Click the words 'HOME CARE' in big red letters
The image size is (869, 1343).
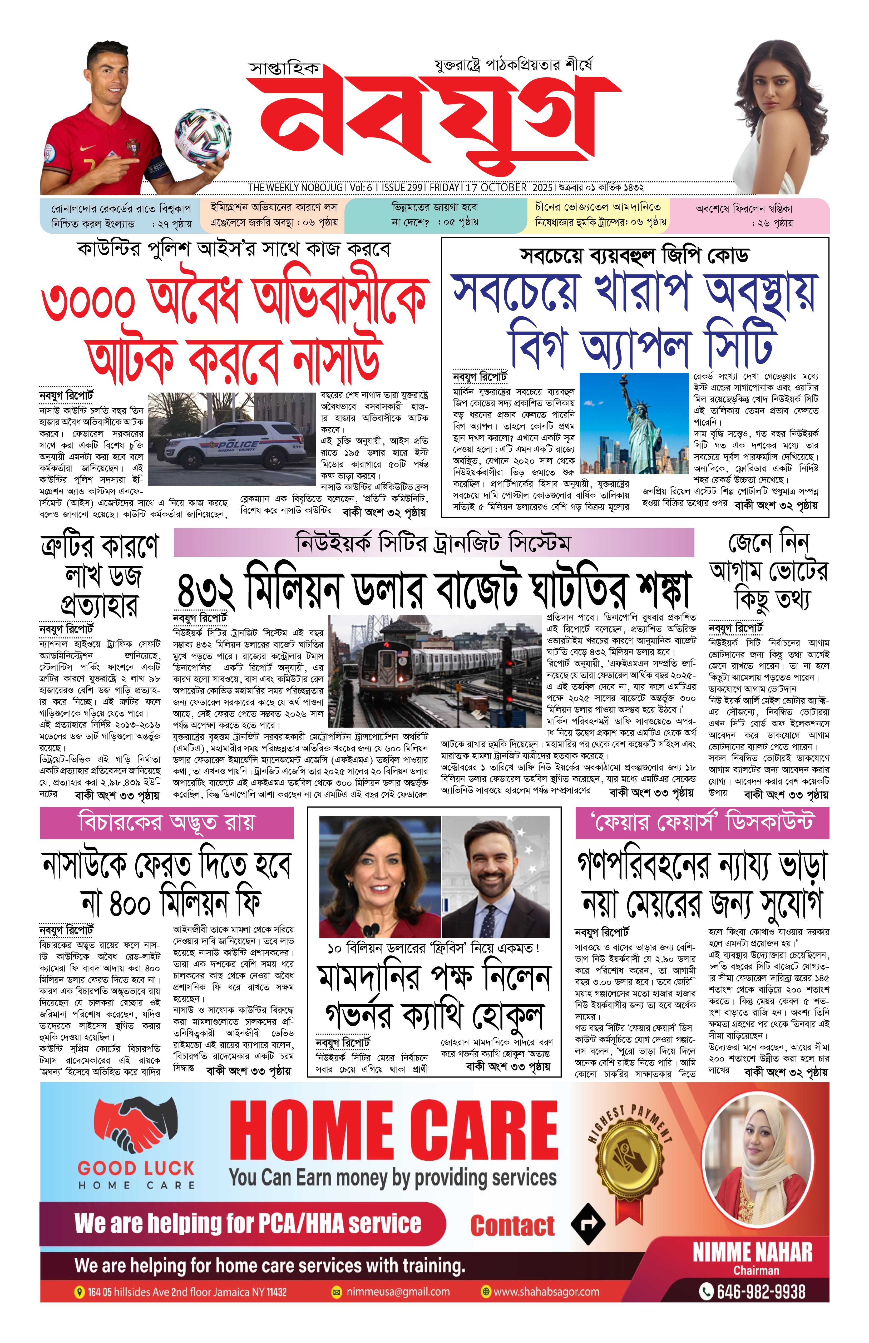[393, 1130]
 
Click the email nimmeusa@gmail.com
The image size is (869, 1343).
[397, 1292]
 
